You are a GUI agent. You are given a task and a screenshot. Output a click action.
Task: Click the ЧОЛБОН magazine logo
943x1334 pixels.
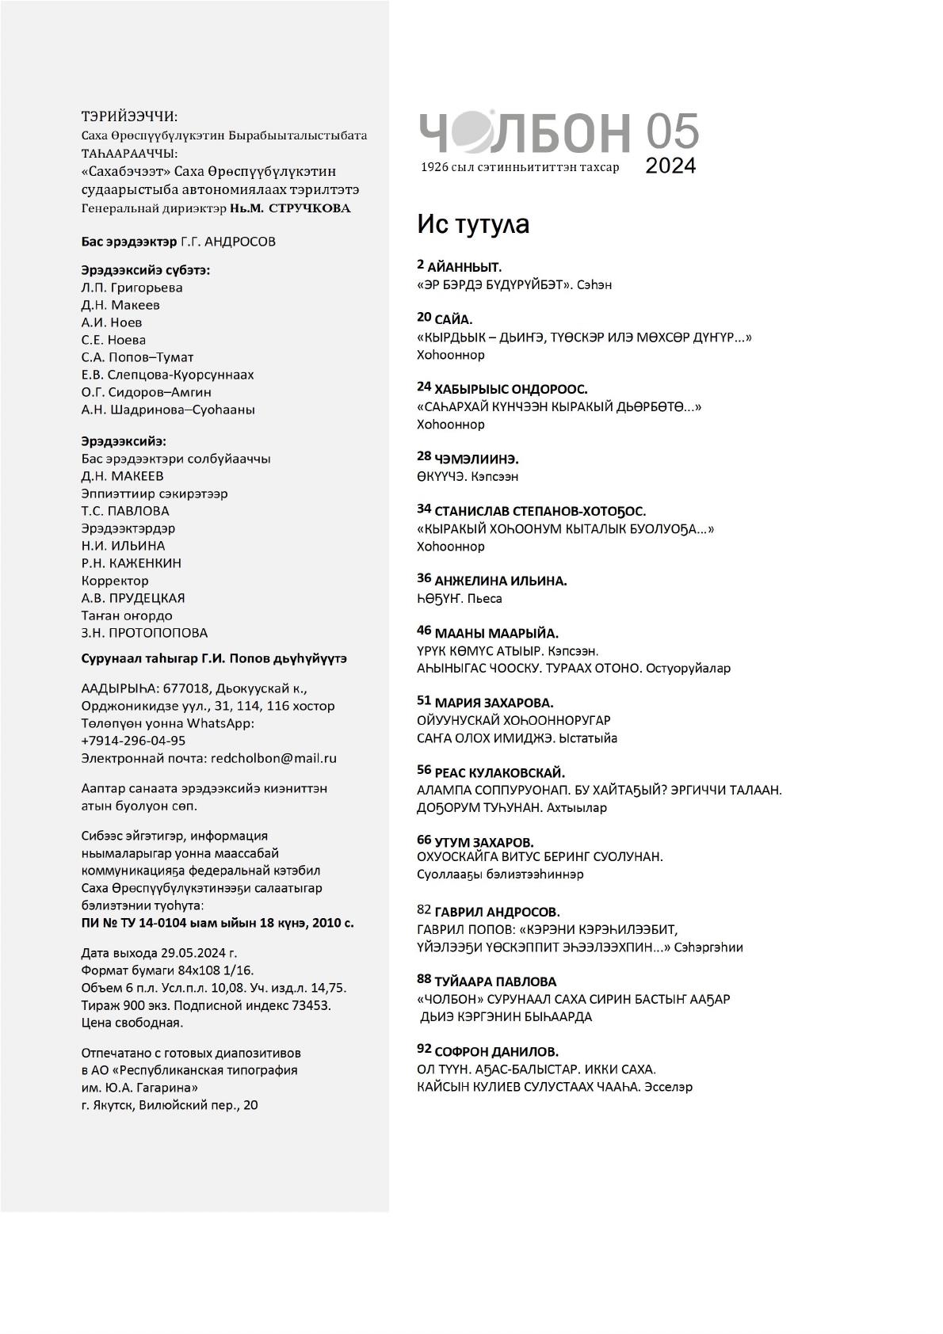[524, 132]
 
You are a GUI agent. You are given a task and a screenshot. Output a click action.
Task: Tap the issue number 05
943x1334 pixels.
[672, 131]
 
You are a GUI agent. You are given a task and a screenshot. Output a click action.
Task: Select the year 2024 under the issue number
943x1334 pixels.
[670, 166]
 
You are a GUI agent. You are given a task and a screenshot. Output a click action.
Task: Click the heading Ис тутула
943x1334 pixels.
[473, 224]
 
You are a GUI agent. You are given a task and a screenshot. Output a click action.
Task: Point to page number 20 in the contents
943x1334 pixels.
[424, 318]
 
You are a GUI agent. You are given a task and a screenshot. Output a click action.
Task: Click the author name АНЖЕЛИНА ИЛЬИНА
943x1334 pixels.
[501, 581]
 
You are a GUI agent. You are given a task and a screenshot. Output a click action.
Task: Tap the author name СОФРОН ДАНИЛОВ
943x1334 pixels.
[497, 1051]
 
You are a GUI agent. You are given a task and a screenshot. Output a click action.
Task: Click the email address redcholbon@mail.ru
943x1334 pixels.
[273, 758]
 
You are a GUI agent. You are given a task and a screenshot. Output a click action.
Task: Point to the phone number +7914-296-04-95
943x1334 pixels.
[133, 741]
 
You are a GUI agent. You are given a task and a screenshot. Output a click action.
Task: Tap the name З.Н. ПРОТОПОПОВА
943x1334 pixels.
[144, 633]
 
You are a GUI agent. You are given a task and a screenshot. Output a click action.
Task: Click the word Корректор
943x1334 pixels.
[115, 581]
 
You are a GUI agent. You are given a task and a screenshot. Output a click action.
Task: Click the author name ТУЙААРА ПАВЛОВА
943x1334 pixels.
[495, 981]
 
